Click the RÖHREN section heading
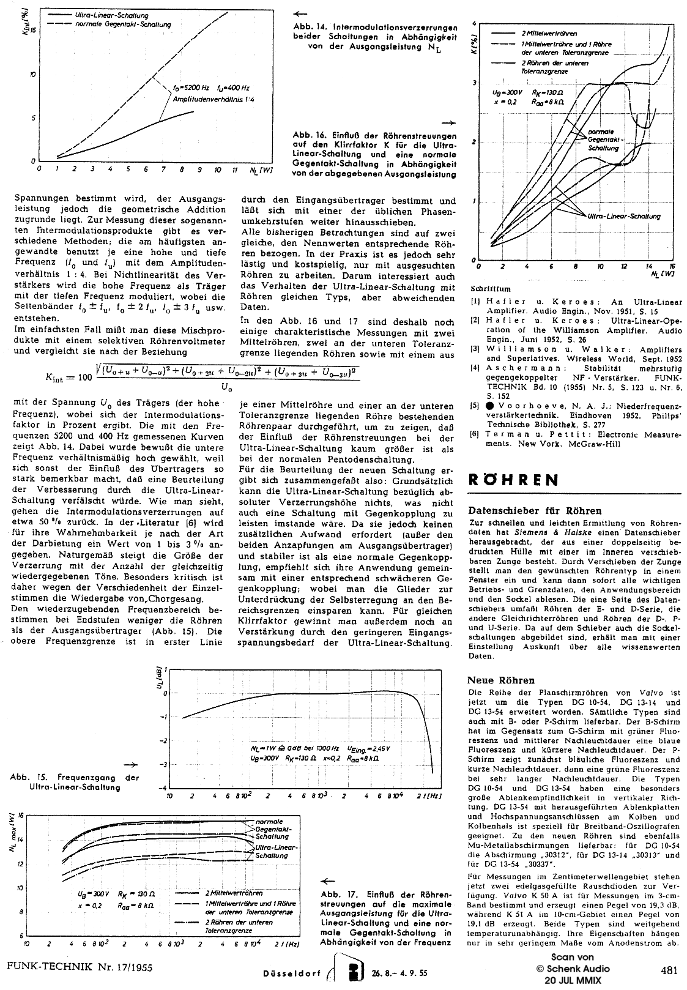513,480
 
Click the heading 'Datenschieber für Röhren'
535,510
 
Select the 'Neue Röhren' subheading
501,680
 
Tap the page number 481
669,969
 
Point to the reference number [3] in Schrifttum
475,349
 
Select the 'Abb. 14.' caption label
309,28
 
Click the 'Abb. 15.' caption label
28,778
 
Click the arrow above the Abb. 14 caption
300,13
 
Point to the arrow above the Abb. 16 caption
448,122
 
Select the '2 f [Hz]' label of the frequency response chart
431,797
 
